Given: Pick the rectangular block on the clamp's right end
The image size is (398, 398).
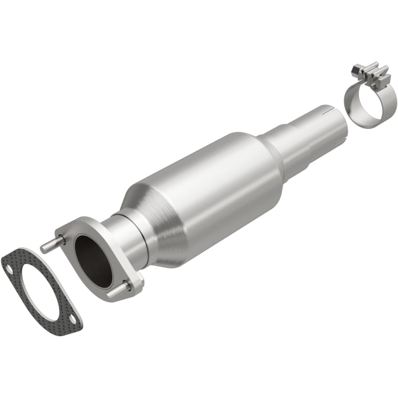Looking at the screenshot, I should (383, 80).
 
